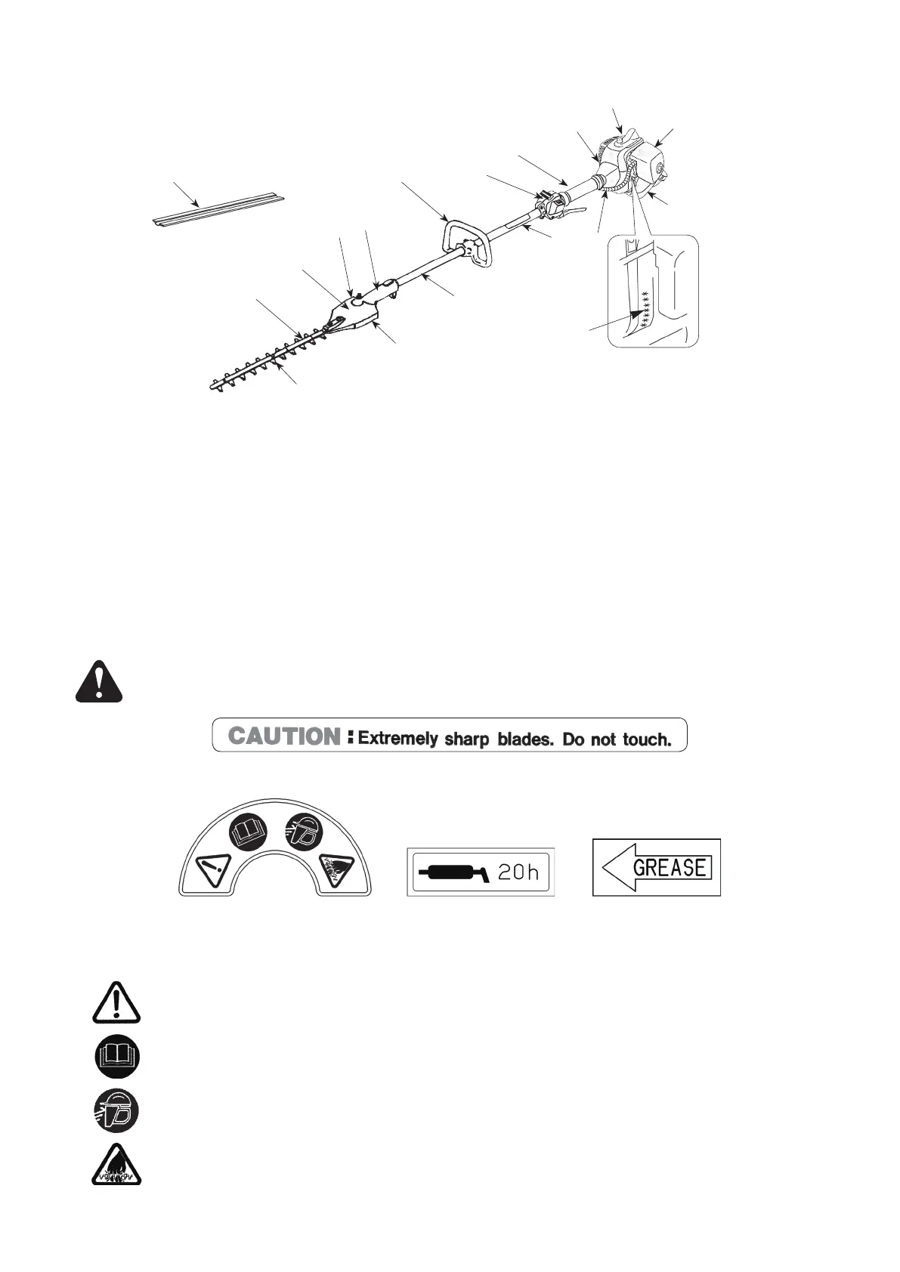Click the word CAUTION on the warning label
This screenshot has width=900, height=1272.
click(x=285, y=736)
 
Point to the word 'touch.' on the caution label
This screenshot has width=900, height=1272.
click(x=647, y=739)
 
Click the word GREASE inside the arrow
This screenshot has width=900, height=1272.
click(x=670, y=866)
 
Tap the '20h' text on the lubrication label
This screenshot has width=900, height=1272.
click(x=518, y=872)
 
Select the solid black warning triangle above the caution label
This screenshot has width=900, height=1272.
click(x=98, y=681)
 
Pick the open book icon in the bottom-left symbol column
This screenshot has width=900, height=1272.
click(x=117, y=1056)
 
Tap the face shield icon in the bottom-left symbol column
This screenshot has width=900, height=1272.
click(x=117, y=1110)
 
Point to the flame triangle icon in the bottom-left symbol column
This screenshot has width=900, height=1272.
click(x=117, y=1162)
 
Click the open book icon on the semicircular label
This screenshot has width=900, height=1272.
click(x=249, y=832)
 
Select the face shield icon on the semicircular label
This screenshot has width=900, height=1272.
click(x=303, y=832)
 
